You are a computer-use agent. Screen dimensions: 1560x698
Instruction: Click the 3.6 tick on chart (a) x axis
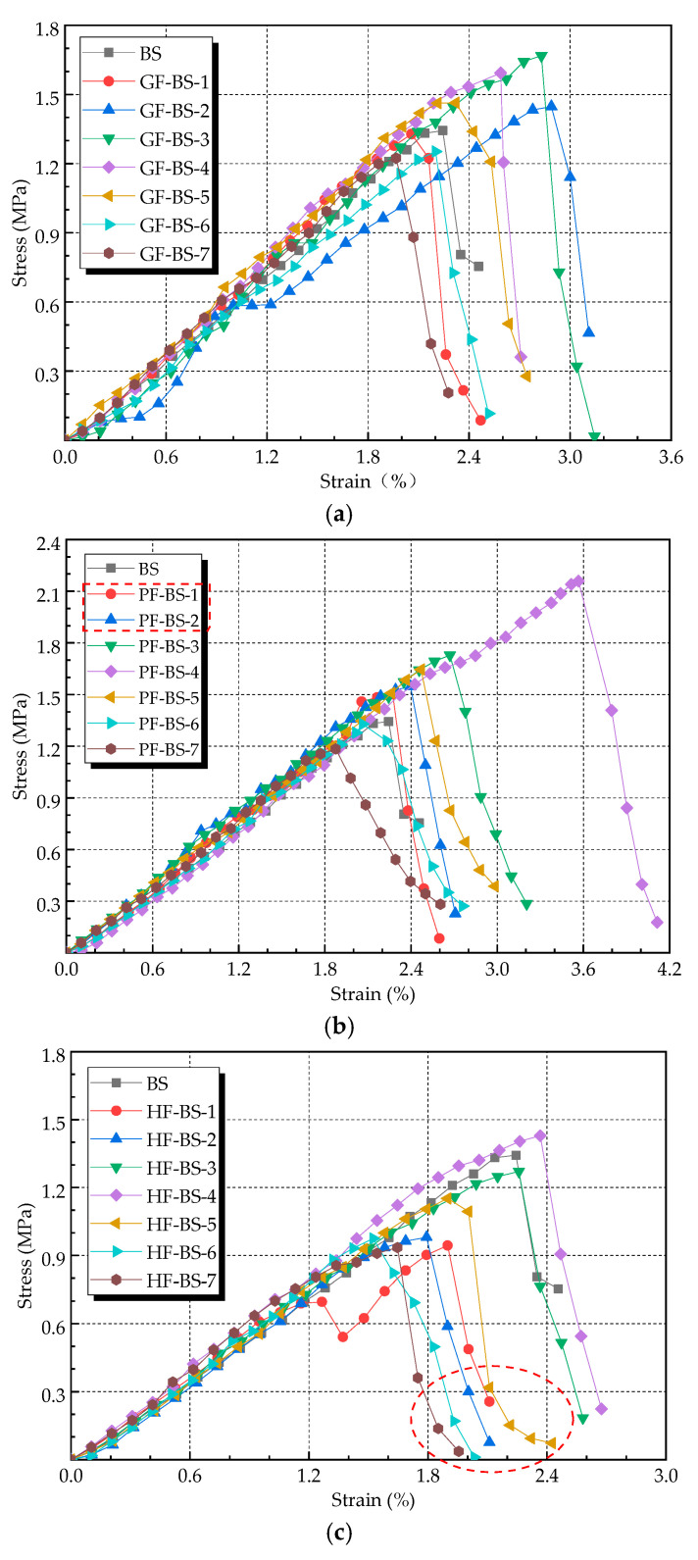pos(670,457)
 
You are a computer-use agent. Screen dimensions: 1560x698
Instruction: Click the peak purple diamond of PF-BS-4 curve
pos(578,580)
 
